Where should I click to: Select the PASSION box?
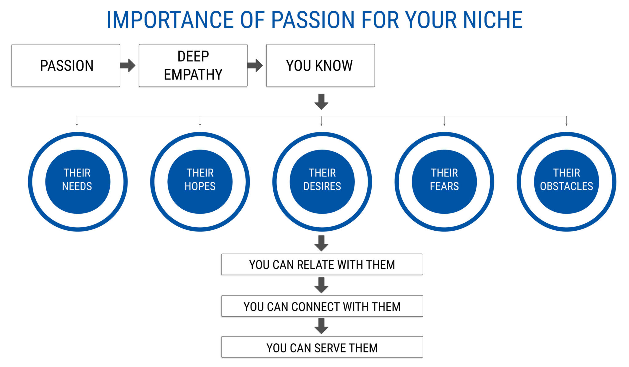(x=66, y=65)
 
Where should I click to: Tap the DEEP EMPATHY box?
(x=193, y=65)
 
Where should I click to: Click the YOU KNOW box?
(x=320, y=65)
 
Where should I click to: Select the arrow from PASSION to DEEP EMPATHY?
(x=127, y=65)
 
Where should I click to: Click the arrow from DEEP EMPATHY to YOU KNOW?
(x=255, y=65)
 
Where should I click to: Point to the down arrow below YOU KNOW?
(x=321, y=102)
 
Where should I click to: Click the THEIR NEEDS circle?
(x=77, y=182)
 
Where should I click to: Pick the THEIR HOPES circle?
(x=200, y=182)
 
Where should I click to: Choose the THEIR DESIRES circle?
(x=322, y=182)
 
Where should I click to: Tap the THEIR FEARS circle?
(x=444, y=182)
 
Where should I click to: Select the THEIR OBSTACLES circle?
(x=566, y=182)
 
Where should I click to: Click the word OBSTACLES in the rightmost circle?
(x=566, y=186)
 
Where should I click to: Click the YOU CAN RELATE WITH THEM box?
(x=322, y=264)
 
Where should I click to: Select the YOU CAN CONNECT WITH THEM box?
(x=322, y=306)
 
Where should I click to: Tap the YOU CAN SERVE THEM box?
(x=322, y=347)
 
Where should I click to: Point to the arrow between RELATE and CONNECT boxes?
(x=321, y=285)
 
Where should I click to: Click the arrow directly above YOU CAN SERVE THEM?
(x=321, y=326)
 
